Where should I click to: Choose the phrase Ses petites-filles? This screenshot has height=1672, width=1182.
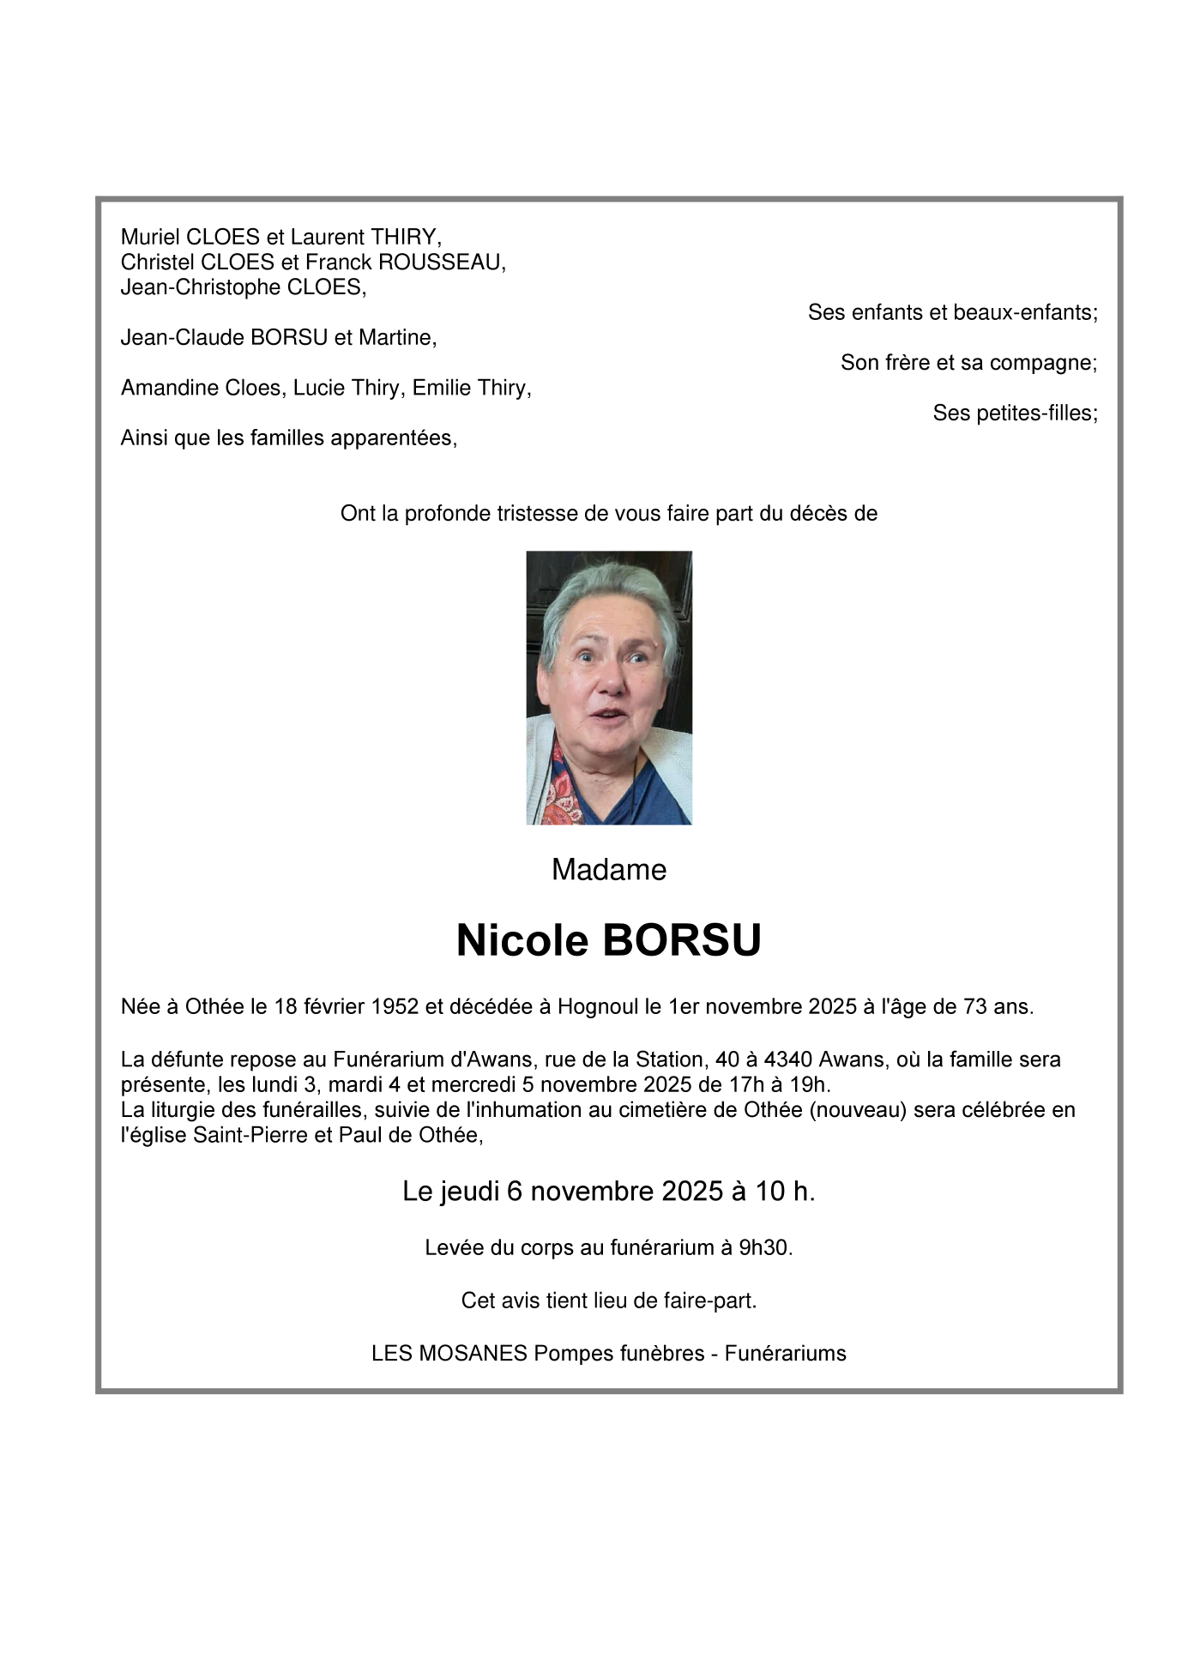coord(1014,413)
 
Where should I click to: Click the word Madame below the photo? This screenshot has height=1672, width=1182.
coord(608,870)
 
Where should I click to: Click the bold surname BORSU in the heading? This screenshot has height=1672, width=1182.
coord(682,941)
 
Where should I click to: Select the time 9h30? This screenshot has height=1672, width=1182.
coord(763,1248)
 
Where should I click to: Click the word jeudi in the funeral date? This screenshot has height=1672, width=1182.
coord(470,1192)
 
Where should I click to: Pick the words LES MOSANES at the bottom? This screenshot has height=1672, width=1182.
coord(449,1354)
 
